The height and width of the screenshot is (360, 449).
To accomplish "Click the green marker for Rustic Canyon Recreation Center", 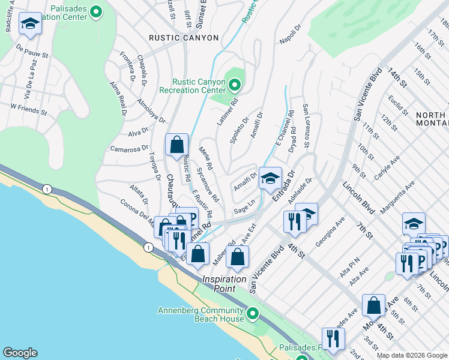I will click(234, 85).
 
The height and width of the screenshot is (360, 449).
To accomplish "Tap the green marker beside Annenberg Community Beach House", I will click(252, 313).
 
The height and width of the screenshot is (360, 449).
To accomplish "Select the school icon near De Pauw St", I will click(30, 24).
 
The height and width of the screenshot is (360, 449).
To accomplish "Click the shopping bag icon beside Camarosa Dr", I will click(177, 145).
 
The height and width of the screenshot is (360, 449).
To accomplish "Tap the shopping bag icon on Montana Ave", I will click(373, 305).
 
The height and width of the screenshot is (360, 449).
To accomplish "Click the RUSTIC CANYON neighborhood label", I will click(184, 38).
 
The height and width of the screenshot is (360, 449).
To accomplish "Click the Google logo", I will click(20, 353).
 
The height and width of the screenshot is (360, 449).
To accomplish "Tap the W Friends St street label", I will click(28, 109).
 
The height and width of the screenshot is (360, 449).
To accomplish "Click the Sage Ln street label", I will click(246, 209).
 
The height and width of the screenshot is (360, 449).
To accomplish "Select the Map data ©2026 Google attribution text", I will click(411, 355).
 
